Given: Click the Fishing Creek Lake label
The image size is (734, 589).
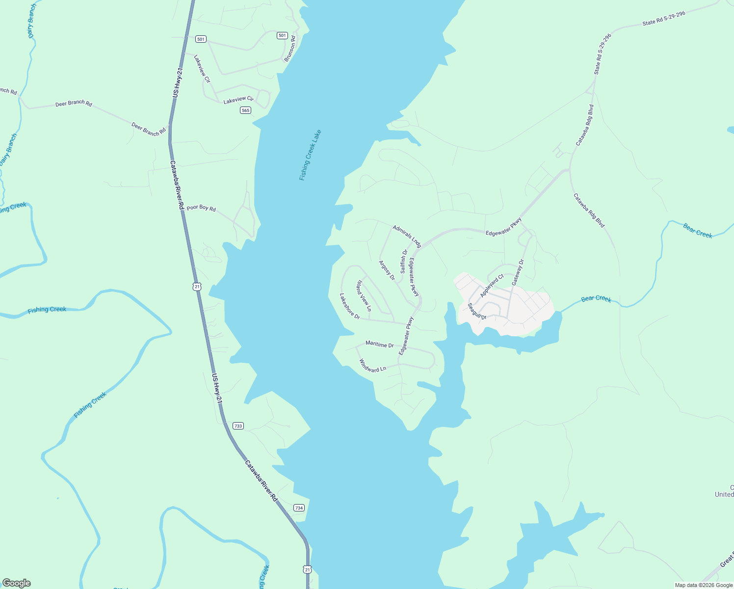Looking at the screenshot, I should click(310, 155).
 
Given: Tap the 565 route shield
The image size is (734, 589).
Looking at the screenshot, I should click(246, 110).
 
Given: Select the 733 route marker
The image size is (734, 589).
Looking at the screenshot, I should click(238, 426).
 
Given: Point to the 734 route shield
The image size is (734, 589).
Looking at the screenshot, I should click(299, 508).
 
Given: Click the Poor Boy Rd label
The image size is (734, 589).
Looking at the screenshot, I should click(201, 208).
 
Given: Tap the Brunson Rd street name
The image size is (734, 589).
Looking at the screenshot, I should click(290, 49).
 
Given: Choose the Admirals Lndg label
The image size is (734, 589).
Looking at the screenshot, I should click(407, 236).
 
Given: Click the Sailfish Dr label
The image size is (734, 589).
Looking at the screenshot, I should click(404, 262).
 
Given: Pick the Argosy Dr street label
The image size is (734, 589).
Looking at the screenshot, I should click(387, 270).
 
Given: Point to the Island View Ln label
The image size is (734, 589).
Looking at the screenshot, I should click(364, 296).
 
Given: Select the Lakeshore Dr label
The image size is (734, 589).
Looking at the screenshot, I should click(350, 306).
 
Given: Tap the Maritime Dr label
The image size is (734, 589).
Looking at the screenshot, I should click(379, 345).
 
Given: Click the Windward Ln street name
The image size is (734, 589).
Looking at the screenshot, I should click(372, 366).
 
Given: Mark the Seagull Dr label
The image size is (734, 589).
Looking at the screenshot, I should click(476, 311).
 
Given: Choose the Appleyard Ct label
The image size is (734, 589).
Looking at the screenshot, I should click(492, 286).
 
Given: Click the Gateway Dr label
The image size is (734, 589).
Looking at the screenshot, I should click(518, 272).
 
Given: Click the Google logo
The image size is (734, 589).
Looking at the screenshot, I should click(17, 583).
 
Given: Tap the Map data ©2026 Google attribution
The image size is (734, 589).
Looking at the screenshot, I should click(704, 585).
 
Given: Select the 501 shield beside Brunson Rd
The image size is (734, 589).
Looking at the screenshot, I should click(282, 35).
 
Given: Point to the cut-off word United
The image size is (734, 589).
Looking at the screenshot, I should click(724, 494).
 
